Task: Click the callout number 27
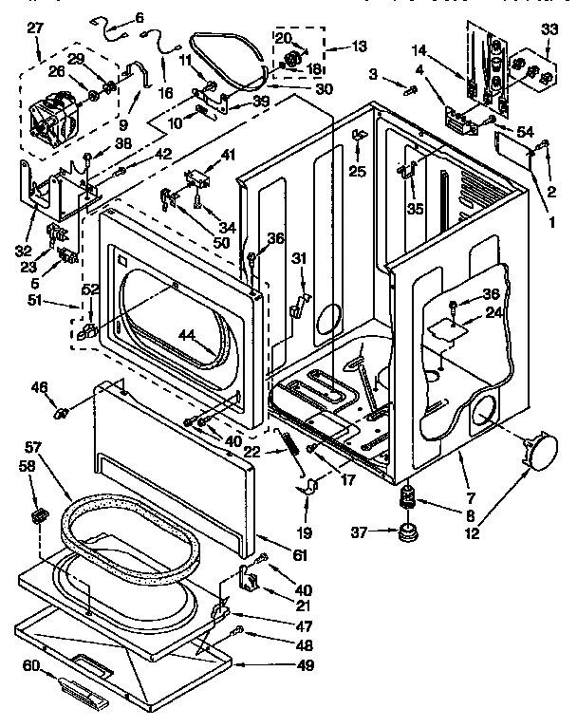[x=35, y=29]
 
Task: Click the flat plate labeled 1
[x=512, y=147]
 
